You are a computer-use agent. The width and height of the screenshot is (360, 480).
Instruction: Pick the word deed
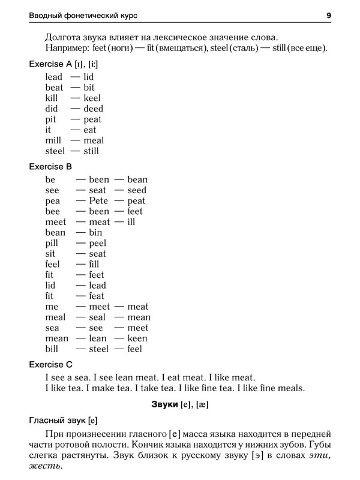tap(94, 109)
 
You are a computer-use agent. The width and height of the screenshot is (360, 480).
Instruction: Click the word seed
tap(137, 190)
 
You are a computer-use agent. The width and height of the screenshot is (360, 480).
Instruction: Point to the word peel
tap(97, 243)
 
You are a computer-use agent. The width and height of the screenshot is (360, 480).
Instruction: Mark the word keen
tap(137, 338)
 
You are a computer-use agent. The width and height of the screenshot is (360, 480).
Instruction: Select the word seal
tap(98, 317)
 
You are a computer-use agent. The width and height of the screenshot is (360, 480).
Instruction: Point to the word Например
tap(67, 48)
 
